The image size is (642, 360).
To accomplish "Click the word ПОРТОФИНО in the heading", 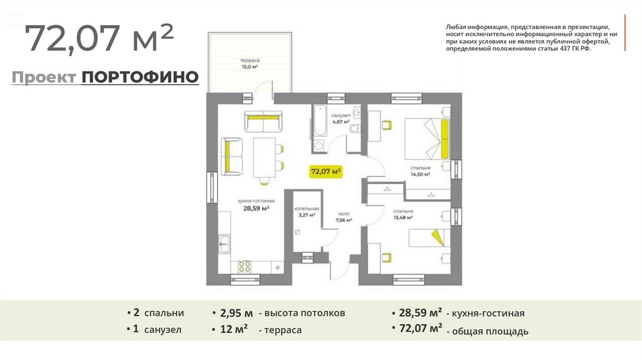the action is coord(140,77).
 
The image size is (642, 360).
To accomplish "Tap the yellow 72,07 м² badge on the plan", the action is coord(326,171).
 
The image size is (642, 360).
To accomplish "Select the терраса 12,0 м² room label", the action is coord(250,63).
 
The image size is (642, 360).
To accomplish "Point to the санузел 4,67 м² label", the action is coord(340,119).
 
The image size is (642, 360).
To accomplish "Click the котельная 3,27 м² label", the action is coord(307,212).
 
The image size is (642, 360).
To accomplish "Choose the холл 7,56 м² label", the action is coord(344,217).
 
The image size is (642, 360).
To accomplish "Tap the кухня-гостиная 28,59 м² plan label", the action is coord(256,205).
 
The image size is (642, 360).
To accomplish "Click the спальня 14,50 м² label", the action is coord(421,171).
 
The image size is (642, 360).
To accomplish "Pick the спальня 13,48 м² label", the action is coord(403,214).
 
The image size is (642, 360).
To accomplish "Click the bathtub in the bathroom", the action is coord(319,121).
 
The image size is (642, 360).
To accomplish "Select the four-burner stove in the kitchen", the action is coord(245,267).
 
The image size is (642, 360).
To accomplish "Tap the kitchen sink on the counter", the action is coord(224,244).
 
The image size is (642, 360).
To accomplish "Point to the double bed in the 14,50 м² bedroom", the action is coord(426,139).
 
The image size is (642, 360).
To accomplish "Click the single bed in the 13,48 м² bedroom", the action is coord(429,238).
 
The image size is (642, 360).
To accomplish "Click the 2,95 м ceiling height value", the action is coord(236,314).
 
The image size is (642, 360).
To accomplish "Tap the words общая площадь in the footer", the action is coord(490,331).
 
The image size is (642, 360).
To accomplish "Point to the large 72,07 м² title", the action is coord(100,38).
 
